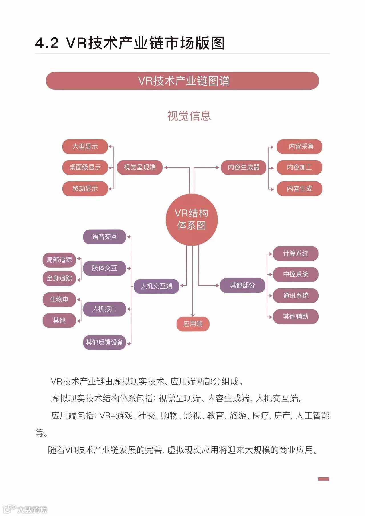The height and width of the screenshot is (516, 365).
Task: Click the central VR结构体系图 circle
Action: pyautogui.click(x=191, y=219)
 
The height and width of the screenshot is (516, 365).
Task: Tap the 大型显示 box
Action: pyautogui.click(x=85, y=147)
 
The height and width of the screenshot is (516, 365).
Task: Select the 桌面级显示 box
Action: pyautogui.click(x=85, y=167)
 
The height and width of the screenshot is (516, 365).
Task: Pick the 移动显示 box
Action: pyautogui.click(x=85, y=189)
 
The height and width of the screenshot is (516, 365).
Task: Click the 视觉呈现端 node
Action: pyautogui.click(x=140, y=167)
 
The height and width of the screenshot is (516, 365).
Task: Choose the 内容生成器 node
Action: pyautogui.click(x=244, y=167)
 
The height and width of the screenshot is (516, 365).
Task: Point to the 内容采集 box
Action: pyautogui.click(x=299, y=147)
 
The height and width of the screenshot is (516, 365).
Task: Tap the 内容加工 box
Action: pyautogui.click(x=299, y=167)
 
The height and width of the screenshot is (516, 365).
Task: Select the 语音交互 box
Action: pyautogui.click(x=104, y=237)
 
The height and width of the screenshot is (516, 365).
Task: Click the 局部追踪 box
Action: pyautogui.click(x=59, y=260)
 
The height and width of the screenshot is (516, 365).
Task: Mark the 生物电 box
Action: pyautogui.click(x=59, y=300)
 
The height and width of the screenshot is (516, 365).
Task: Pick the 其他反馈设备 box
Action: pyautogui.click(x=104, y=342)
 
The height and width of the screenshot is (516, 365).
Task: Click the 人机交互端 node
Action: pyautogui.click(x=156, y=286)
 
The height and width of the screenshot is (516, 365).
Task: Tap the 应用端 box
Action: pyautogui.click(x=193, y=324)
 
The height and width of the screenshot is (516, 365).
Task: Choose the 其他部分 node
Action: pyautogui.click(x=242, y=285)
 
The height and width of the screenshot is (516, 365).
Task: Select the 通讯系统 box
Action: pyautogui.click(x=296, y=296)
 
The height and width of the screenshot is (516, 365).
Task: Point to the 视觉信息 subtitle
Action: pyautogui.click(x=189, y=116)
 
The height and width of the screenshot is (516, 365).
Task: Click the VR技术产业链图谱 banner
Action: pyautogui.click(x=182, y=81)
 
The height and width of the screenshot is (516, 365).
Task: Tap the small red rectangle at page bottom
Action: pyautogui.click(x=323, y=479)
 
